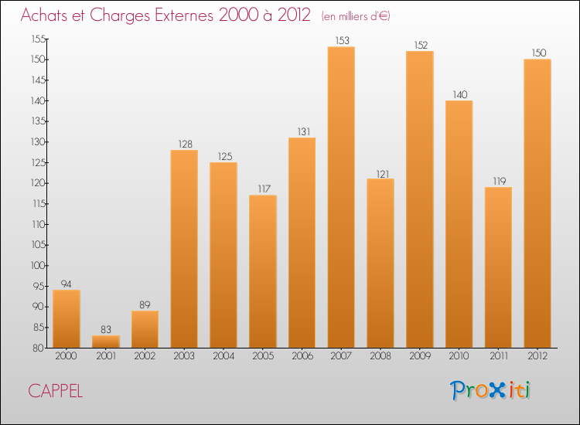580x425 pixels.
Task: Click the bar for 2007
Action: pyautogui.click(x=341, y=197)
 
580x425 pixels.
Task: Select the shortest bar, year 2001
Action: pyautogui.click(x=106, y=341)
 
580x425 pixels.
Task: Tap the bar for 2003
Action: pyautogui.click(x=184, y=248)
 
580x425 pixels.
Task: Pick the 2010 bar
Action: pyautogui.click(x=459, y=224)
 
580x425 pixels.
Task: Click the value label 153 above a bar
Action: pyautogui.click(x=341, y=40)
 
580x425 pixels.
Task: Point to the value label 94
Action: pyautogui.click(x=67, y=283)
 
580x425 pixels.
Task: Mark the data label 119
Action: pyautogui.click(x=498, y=180)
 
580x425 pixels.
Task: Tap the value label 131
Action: pyautogui.click(x=302, y=131)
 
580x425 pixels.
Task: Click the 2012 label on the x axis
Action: pyautogui.click(x=537, y=356)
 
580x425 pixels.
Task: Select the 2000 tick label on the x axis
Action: pyautogui.click(x=67, y=356)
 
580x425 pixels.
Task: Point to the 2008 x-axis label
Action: pyautogui.click(x=380, y=356)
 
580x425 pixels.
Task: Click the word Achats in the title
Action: pyautogui.click(x=47, y=16)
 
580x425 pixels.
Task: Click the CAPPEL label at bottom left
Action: pyautogui.click(x=56, y=391)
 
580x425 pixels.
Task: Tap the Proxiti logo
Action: pyautogui.click(x=490, y=390)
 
